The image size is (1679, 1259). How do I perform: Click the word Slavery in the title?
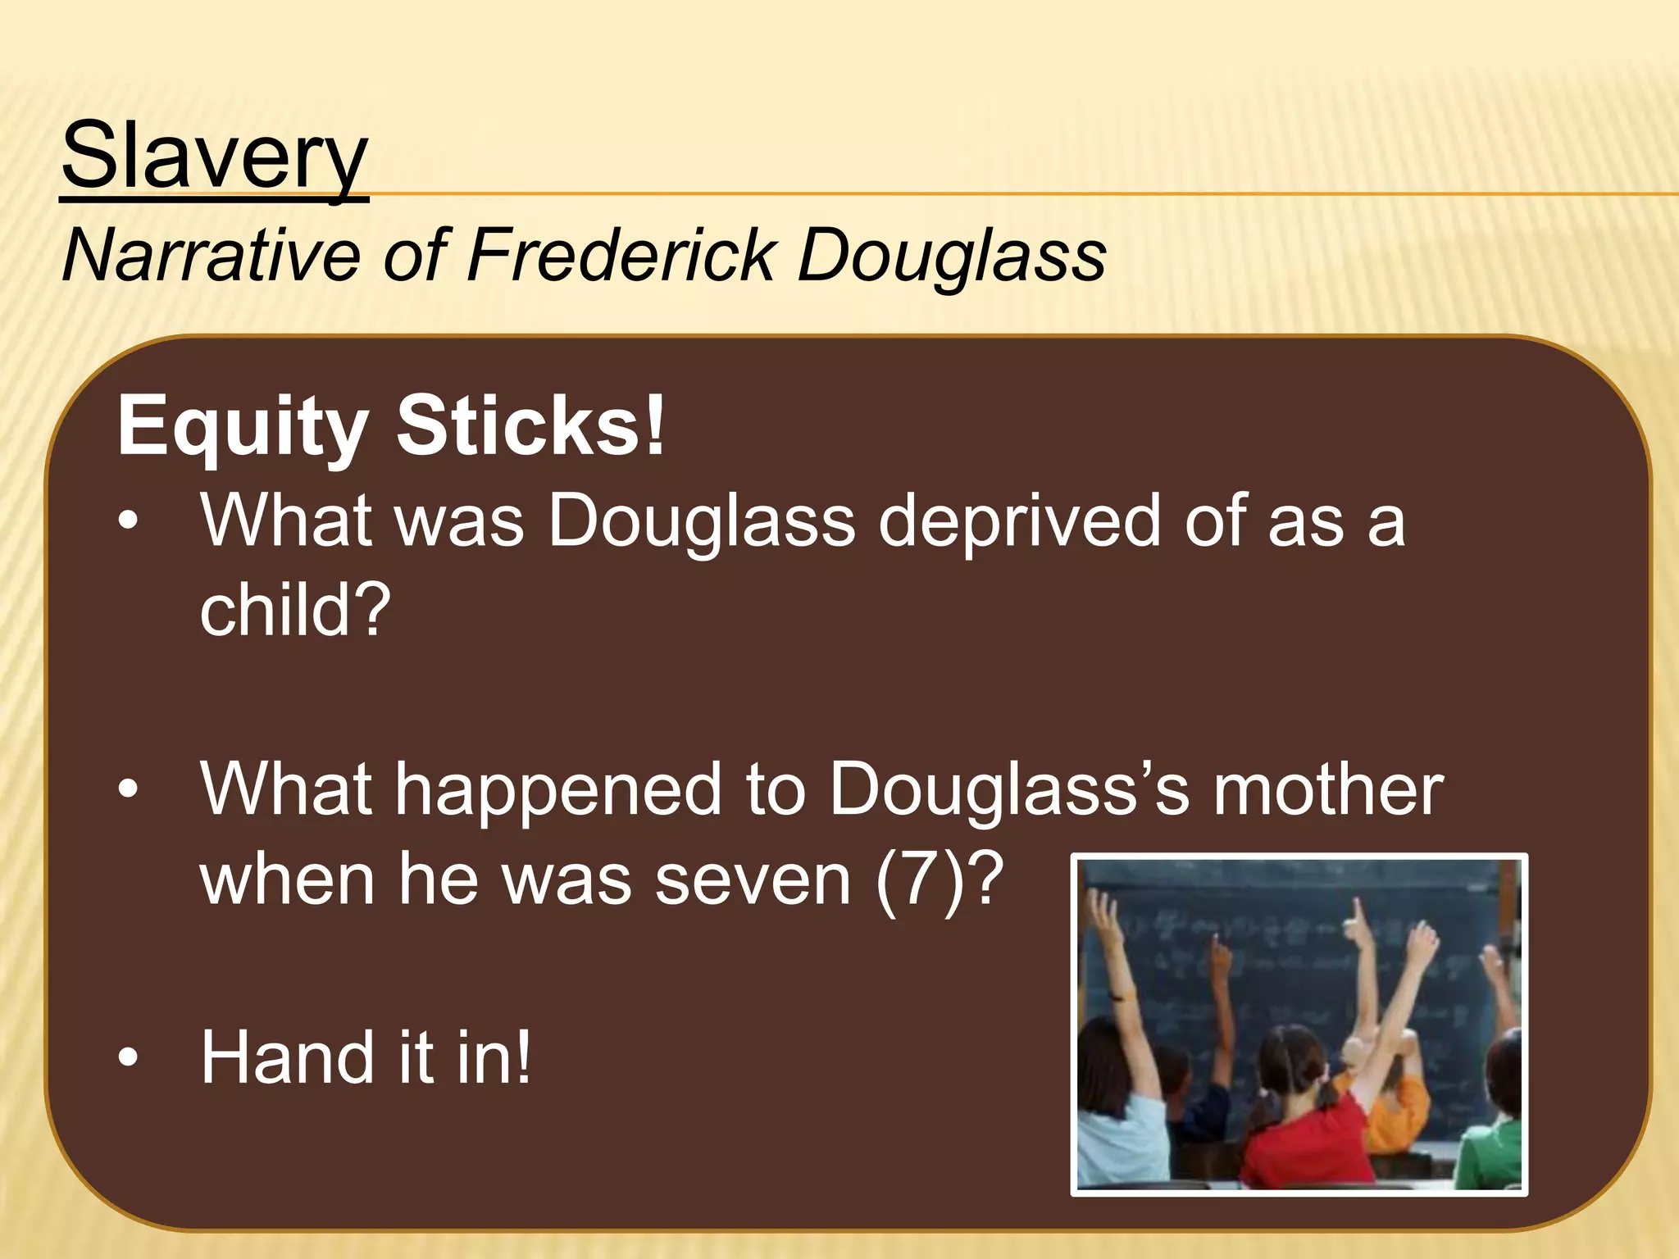click(214, 156)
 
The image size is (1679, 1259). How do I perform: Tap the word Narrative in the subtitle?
click(211, 256)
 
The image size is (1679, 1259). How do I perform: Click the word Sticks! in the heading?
click(530, 426)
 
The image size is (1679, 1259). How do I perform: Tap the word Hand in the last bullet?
click(283, 1058)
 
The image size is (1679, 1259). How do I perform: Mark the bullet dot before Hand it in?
click(128, 1058)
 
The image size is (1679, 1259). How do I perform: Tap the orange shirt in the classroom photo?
click(1394, 1107)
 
